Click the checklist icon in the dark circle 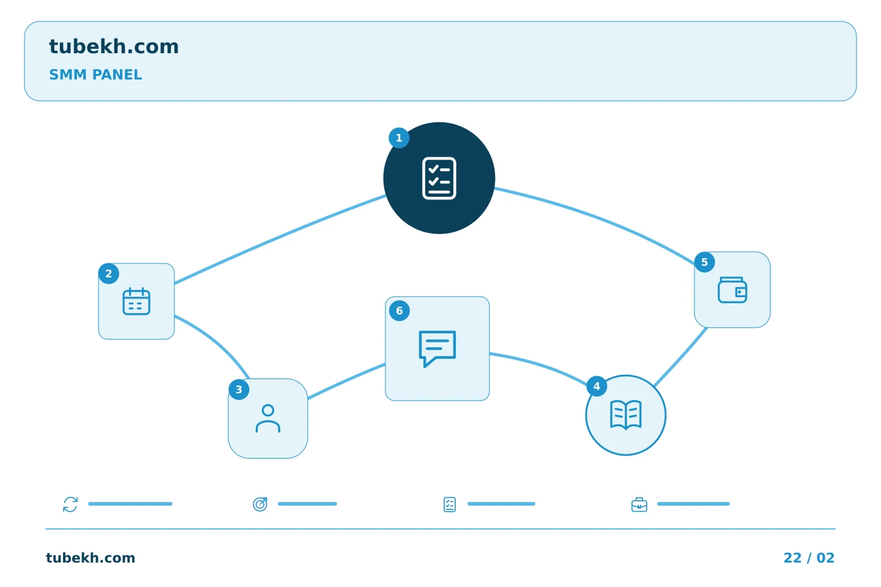[x=439, y=178]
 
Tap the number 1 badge [x=399, y=138]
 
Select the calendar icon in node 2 [x=136, y=301]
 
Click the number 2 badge [x=108, y=274]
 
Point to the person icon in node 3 [x=268, y=418]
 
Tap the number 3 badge [x=239, y=389]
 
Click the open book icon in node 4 [x=625, y=415]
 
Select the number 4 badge [x=597, y=386]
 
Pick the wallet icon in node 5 [x=732, y=290]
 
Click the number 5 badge [x=704, y=262]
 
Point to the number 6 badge [x=399, y=311]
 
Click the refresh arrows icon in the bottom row [x=70, y=504]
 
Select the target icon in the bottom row [x=260, y=504]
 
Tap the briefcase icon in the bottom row [x=639, y=505]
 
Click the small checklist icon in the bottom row [x=450, y=504]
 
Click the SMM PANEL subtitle [x=95, y=75]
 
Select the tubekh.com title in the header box [x=114, y=46]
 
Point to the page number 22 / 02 [x=809, y=558]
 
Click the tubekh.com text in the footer [x=91, y=558]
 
